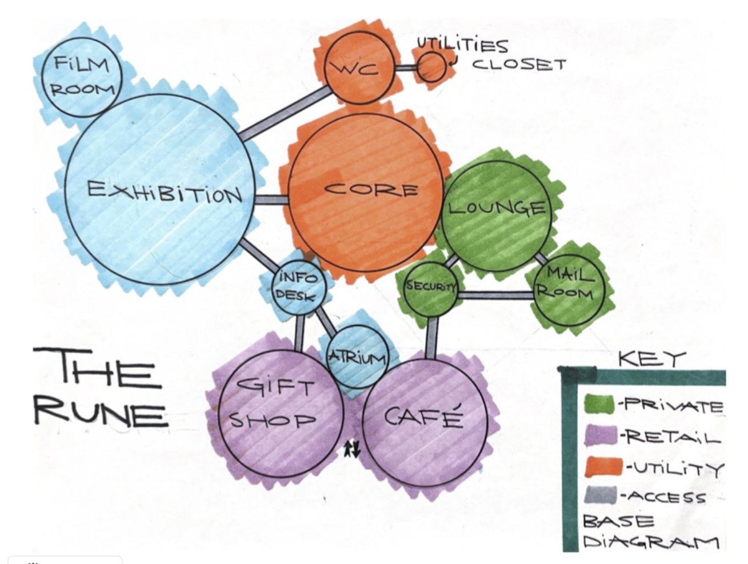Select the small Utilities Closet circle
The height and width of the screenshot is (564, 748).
[431, 67]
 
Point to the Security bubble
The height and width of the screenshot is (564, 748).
[431, 287]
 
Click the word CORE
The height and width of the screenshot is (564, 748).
[371, 189]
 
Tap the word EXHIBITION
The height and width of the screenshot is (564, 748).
[165, 191]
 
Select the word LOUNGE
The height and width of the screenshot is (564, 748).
[497, 207]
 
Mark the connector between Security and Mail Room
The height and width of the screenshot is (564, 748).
[495, 295]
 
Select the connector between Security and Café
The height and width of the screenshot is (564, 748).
[433, 337]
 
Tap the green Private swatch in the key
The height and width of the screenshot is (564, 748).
[599, 405]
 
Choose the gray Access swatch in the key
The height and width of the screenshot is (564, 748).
[601, 495]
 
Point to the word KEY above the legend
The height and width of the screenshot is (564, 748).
[651, 359]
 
